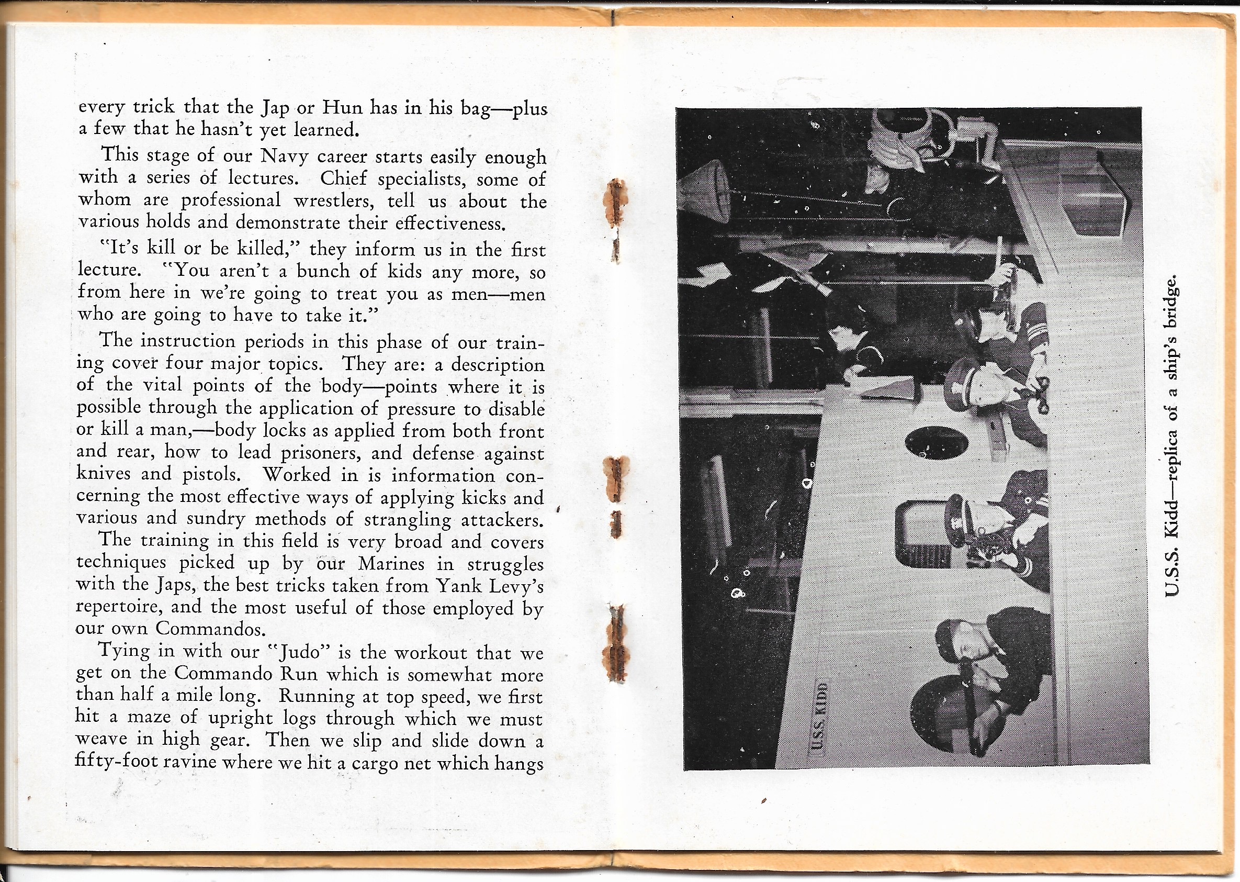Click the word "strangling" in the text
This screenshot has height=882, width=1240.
click(x=407, y=520)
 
